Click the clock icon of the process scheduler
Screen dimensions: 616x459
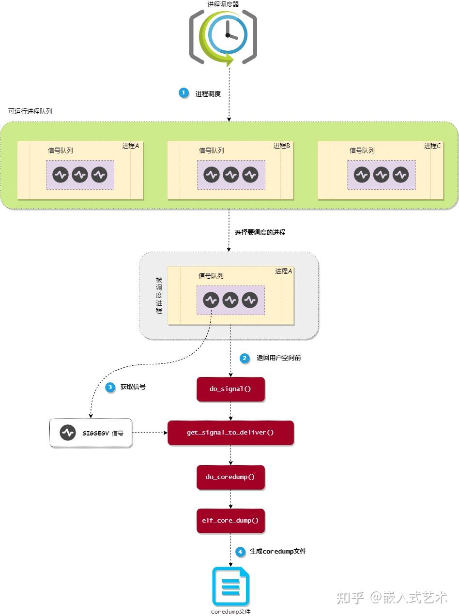point(228,35)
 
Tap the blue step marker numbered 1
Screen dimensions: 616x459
point(184,93)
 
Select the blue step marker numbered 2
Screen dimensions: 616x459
point(245,358)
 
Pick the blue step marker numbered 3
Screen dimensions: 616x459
point(110,387)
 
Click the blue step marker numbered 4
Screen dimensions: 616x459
point(240,551)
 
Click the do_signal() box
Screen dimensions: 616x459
point(230,389)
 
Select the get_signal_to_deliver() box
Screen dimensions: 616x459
point(230,433)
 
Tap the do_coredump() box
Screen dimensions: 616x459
point(230,477)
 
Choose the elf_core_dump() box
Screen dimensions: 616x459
point(230,521)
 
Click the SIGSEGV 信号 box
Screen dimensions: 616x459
point(91,433)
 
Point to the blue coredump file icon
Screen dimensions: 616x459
point(230,586)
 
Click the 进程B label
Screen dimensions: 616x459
point(281,146)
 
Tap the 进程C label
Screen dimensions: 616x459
point(432,146)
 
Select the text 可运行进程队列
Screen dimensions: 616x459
point(30,111)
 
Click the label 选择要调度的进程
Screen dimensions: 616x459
point(260,232)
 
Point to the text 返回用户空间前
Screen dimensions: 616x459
point(278,358)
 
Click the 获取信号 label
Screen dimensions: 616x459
point(133,387)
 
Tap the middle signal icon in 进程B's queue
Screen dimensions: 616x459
point(231,175)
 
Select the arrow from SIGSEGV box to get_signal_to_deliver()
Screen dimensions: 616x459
point(150,433)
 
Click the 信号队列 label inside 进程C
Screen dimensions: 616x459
point(362,150)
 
